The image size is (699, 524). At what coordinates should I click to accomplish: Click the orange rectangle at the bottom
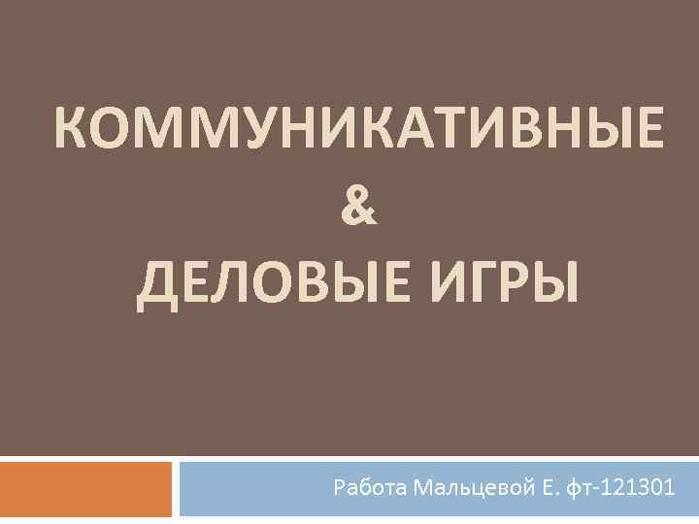[x=85, y=488]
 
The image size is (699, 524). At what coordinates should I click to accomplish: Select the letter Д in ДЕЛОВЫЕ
[x=155, y=285]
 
